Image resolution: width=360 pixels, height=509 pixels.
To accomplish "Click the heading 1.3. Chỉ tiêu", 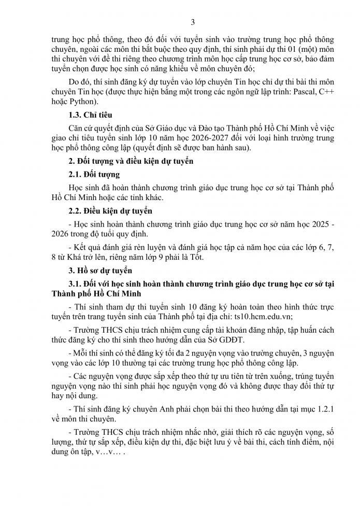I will (x=90, y=115).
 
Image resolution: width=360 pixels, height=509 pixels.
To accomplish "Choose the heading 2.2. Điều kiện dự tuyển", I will (x=110, y=211).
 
